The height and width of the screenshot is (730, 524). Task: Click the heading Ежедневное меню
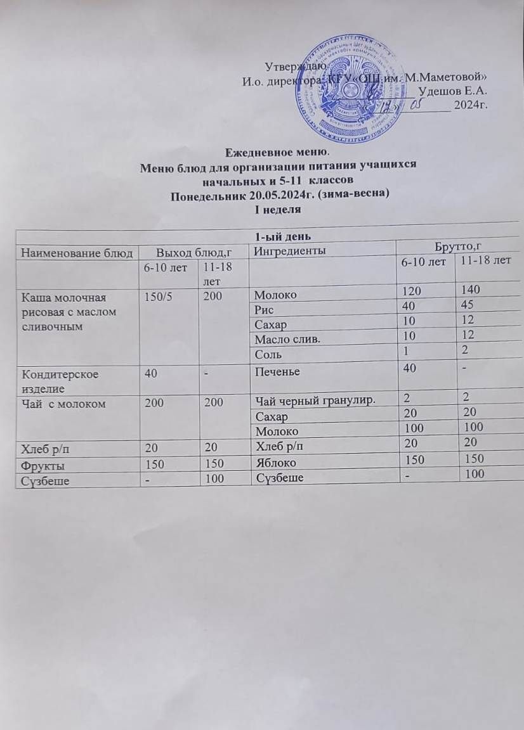pyautogui.click(x=278, y=152)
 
